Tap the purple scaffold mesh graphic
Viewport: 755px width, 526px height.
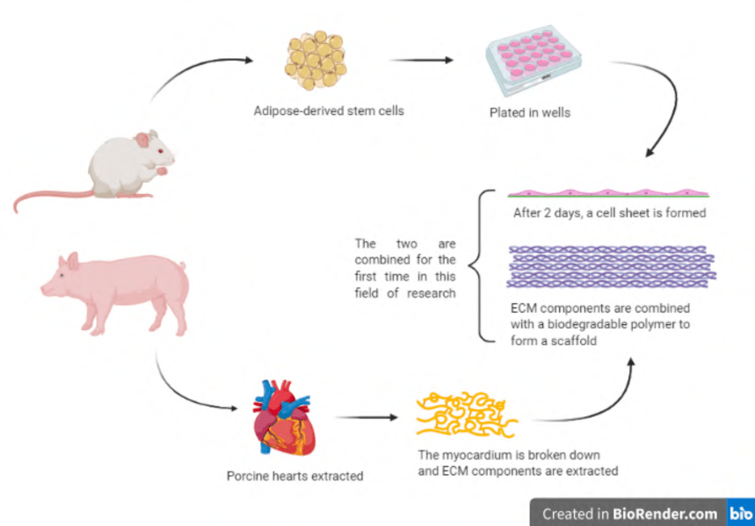(612, 269)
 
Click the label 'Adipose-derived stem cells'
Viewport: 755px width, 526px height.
(329, 111)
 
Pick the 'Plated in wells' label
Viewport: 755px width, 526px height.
(529, 112)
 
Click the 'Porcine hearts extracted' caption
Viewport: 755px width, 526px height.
(294, 476)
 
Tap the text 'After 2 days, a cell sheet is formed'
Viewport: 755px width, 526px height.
(610, 213)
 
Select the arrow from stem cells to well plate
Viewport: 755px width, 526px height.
(422, 61)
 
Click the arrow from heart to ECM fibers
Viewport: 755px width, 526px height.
(362, 417)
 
